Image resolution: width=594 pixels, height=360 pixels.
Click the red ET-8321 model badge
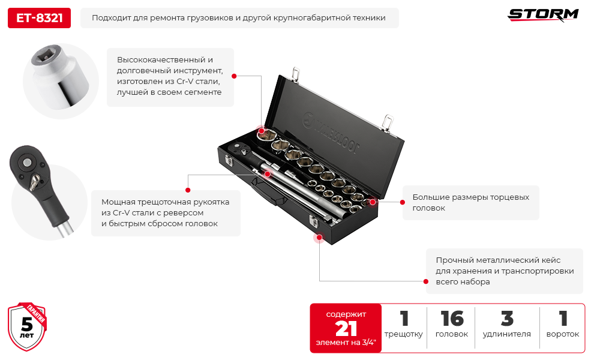(39, 18)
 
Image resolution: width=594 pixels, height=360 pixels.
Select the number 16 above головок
(451, 319)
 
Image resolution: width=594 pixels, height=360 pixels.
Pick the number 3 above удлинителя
(507, 319)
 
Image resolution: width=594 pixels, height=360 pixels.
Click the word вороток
(562, 334)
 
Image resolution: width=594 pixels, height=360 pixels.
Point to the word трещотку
(403, 334)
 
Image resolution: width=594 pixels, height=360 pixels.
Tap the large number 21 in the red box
(346, 328)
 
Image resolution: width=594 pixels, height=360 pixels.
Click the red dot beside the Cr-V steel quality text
(234, 76)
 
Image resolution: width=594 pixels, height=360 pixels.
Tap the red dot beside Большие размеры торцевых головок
(373, 202)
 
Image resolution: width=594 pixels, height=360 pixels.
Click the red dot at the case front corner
(319, 238)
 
